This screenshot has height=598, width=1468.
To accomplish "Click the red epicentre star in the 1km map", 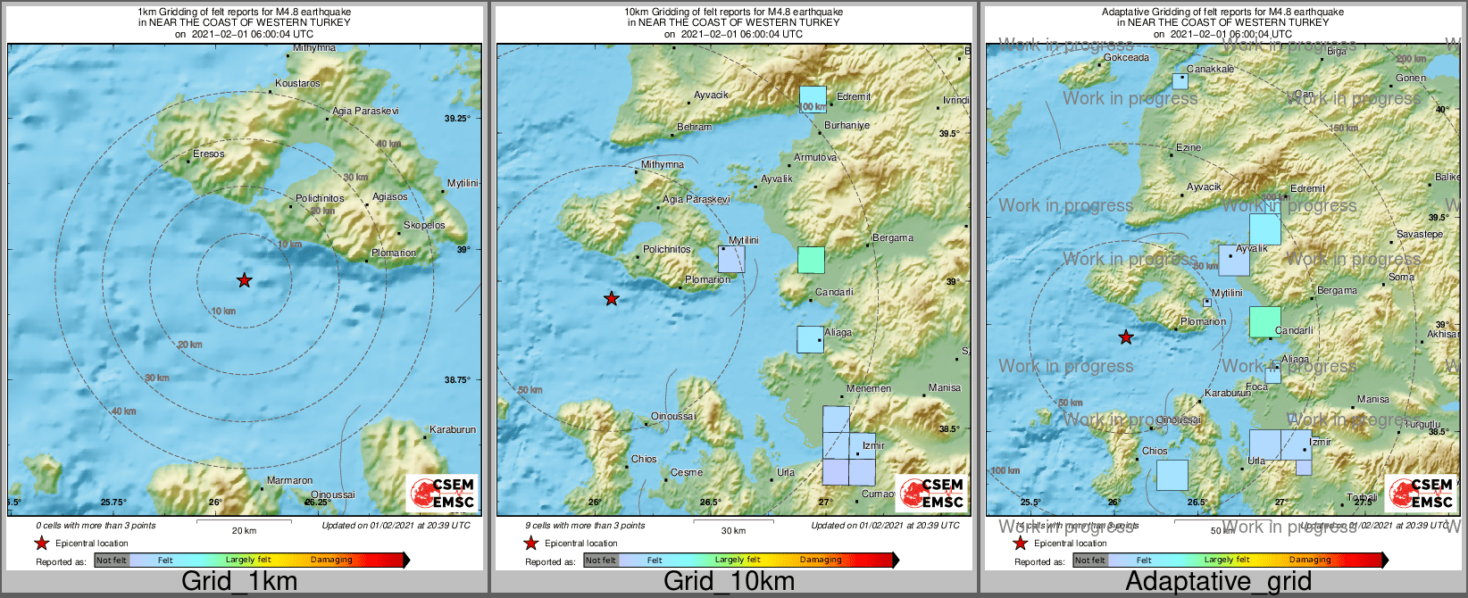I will click(244, 280).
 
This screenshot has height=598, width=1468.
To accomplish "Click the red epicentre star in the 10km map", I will click(611, 298).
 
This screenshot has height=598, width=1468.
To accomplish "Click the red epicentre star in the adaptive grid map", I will click(1126, 337).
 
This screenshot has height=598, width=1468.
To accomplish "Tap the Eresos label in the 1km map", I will click(209, 154).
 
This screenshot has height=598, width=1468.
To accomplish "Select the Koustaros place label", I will click(297, 83).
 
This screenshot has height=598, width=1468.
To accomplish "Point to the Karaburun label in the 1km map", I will click(452, 429).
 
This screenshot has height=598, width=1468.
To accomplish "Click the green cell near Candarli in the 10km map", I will click(811, 260).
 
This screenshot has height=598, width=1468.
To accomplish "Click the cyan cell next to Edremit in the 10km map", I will click(813, 99).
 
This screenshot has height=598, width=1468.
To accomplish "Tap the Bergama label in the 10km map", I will click(892, 237).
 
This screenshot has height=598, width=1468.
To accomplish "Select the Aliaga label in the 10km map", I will click(838, 332).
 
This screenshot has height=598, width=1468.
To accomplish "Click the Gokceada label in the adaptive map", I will click(1126, 57).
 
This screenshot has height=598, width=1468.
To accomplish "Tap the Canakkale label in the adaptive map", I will click(1210, 69).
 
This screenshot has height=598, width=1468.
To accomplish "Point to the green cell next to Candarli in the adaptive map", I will click(1264, 321).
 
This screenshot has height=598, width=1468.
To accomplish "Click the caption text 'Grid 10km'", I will click(729, 582).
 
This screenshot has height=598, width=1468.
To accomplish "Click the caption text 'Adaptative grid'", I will click(1218, 582).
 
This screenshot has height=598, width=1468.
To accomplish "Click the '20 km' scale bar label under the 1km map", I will click(244, 530).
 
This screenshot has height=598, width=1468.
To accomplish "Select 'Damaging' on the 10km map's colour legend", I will click(820, 560).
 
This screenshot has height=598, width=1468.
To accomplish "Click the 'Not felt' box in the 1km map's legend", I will click(112, 560).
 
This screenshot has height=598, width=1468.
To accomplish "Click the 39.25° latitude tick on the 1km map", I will click(456, 118).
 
